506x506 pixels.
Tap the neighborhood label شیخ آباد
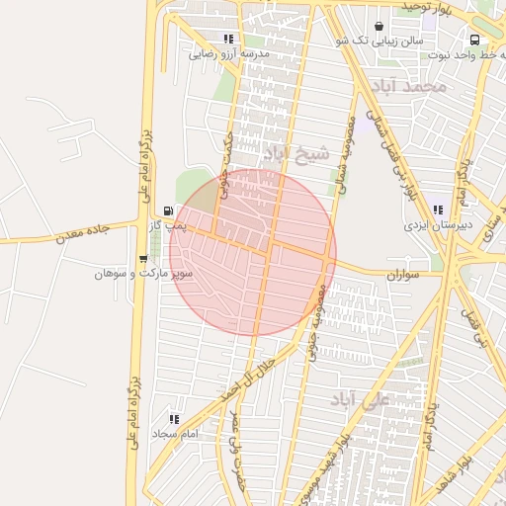pyautogui.click(x=295, y=153)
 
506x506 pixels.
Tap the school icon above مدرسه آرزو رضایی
pyautogui.click(x=229, y=40)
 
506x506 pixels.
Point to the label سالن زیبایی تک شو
pyautogui.click(x=379, y=42)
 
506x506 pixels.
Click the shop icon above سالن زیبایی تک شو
pyautogui.click(x=379, y=27)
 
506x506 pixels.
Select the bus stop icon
pyautogui.click(x=475, y=41)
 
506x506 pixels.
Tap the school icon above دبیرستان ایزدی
pyautogui.click(x=437, y=210)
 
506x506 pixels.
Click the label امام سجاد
pyautogui.click(x=175, y=433)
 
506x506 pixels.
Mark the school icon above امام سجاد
pyautogui.click(x=175, y=419)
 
